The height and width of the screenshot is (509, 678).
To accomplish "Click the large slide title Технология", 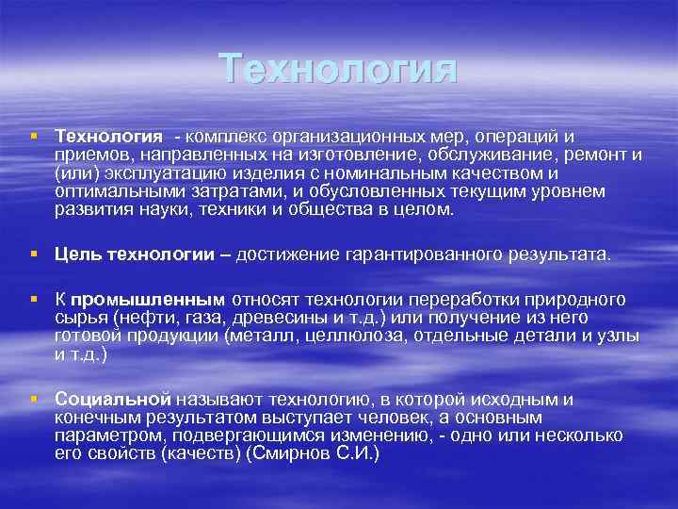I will pyautogui.click(x=338, y=71).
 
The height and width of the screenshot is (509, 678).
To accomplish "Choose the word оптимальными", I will pyautogui.click(x=106, y=191).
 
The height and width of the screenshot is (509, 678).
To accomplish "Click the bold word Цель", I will pyautogui.click(x=76, y=254).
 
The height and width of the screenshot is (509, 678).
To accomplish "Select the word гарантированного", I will pyautogui.click(x=418, y=254).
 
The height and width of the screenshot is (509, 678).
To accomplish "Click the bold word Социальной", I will pyautogui.click(x=112, y=400).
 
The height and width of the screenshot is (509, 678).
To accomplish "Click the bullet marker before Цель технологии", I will pyautogui.click(x=35, y=254).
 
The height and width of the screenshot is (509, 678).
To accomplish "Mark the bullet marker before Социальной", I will pyautogui.click(x=35, y=400).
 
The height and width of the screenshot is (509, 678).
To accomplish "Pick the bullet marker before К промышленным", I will pyautogui.click(x=35, y=300).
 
